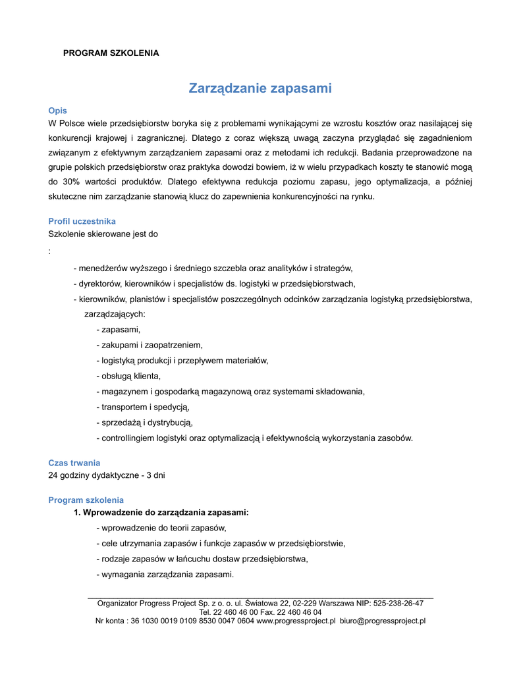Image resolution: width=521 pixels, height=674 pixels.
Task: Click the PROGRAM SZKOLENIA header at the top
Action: click(x=111, y=53)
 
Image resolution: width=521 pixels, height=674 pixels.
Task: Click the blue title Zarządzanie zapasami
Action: click(x=260, y=88)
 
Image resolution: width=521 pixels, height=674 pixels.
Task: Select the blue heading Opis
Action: click(x=57, y=111)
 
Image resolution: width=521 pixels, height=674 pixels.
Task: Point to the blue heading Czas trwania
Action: click(x=74, y=463)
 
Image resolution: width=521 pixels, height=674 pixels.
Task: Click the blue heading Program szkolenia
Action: click(x=86, y=500)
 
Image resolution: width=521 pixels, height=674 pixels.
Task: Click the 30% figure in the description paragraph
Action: click(x=74, y=181)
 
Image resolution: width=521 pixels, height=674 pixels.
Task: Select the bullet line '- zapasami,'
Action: click(x=119, y=329)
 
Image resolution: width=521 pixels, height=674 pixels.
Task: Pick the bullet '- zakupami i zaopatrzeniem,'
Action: click(x=150, y=344)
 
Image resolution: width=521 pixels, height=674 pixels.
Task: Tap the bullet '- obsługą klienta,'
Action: click(x=128, y=376)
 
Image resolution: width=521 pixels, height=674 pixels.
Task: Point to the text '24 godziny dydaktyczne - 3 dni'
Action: click(x=107, y=475)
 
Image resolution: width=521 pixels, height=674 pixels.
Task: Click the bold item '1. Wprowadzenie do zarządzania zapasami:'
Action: click(x=161, y=512)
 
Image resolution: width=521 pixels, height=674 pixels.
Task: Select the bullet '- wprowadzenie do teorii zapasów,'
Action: click(x=161, y=528)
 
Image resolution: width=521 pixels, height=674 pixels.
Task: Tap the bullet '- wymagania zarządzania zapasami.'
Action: click(x=165, y=575)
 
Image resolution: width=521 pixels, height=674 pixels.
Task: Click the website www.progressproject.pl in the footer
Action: click(x=296, y=620)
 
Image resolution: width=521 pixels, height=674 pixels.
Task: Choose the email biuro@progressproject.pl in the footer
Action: click(x=383, y=620)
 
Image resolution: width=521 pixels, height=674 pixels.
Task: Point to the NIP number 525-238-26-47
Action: click(x=398, y=603)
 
